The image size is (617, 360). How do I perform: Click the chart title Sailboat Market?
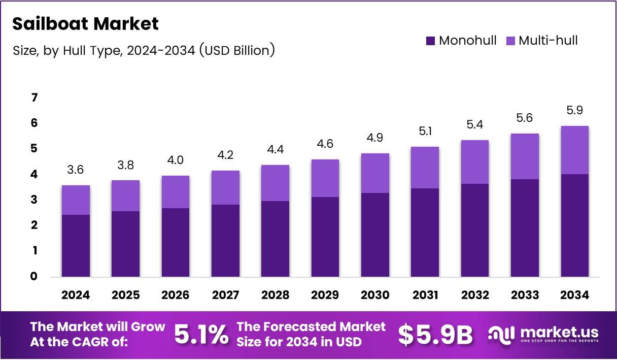click(85, 24)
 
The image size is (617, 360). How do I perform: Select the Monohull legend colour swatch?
click(431, 41)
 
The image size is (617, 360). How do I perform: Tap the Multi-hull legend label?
click(548, 41)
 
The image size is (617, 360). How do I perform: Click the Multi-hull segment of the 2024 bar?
click(76, 200)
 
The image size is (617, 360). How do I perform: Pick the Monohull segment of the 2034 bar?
click(575, 225)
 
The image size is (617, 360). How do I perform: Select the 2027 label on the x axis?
click(225, 296)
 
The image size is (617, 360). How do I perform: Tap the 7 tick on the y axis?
click(35, 97)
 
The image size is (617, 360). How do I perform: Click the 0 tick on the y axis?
click(35, 277)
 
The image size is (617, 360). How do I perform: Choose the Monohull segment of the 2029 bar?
click(325, 237)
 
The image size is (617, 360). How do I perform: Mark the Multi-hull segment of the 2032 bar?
click(475, 162)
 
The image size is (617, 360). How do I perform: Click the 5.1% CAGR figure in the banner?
click(201, 334)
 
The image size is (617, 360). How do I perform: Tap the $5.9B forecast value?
click(435, 334)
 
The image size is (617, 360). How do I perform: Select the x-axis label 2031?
click(425, 296)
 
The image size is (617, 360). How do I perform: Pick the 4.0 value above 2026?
click(175, 161)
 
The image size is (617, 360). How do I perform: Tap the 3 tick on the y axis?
click(35, 200)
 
